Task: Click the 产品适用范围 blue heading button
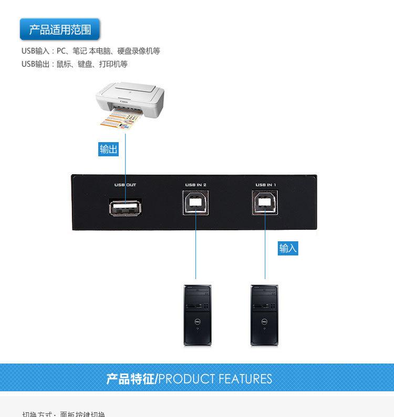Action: (60, 29)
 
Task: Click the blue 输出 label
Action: (108, 149)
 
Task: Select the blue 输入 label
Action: (288, 248)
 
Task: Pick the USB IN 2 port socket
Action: (195, 205)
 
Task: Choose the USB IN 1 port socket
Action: (265, 205)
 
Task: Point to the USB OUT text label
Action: (125, 185)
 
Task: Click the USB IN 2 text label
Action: (195, 185)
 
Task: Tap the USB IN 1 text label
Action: (266, 185)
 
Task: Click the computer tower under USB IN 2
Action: (197, 315)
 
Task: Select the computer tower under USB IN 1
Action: (264, 315)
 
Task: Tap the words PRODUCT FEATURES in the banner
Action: (215, 379)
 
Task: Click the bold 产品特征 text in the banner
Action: (131, 379)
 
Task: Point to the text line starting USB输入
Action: (90, 51)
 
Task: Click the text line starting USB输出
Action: (74, 64)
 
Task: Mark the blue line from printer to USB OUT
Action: (125, 165)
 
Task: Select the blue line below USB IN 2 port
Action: (196, 247)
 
